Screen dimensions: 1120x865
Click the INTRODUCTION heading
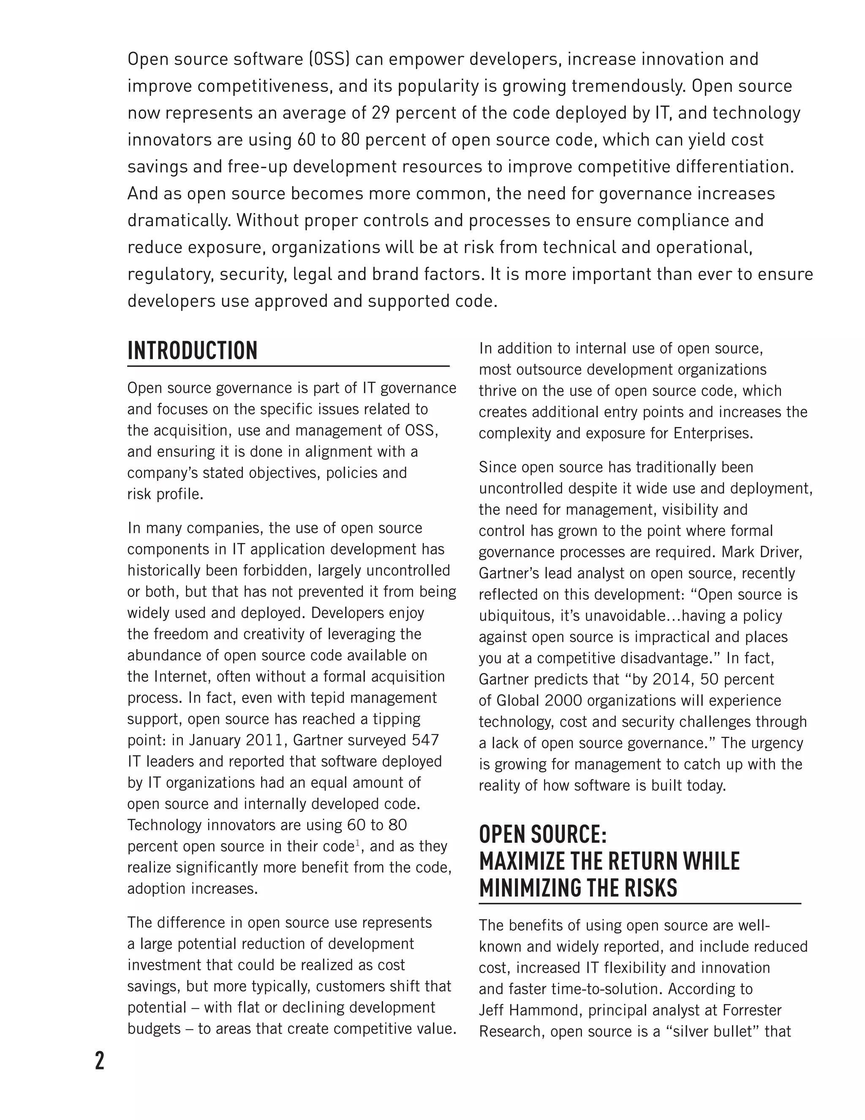(x=192, y=351)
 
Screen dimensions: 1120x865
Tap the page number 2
(x=99, y=1060)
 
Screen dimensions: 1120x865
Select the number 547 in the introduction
(x=425, y=740)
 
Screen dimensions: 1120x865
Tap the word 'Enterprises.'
(x=713, y=433)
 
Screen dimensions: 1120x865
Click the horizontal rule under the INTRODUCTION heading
(x=288, y=366)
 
